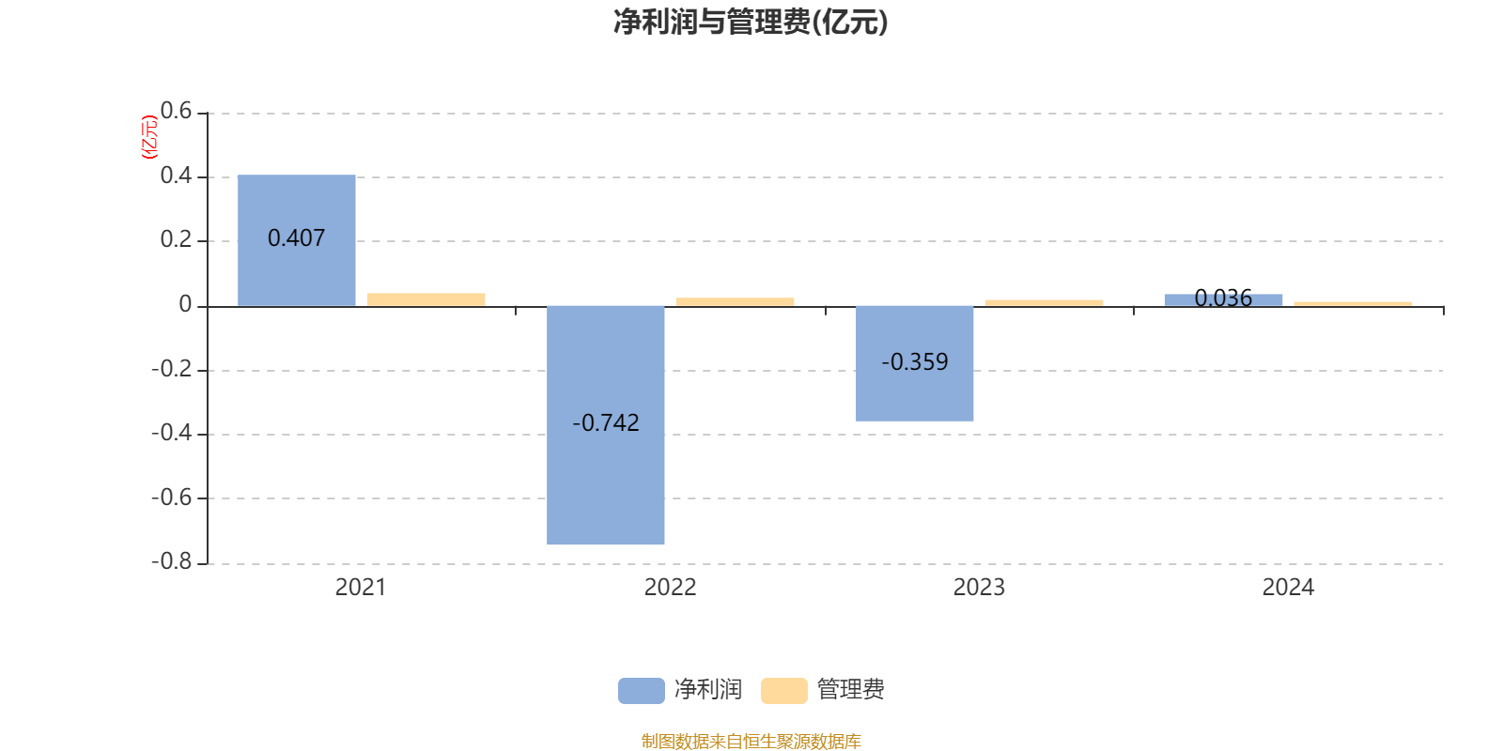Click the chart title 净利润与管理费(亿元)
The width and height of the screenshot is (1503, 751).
click(x=751, y=22)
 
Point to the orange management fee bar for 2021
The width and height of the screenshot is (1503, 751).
click(x=426, y=299)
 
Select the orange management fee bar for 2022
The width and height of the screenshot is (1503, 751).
click(x=735, y=301)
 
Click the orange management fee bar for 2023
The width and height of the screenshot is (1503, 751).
click(x=1044, y=302)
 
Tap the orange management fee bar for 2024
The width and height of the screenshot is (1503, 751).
click(x=1353, y=303)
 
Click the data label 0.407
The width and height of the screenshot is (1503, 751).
click(x=297, y=238)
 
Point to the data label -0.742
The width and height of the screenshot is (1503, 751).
click(x=606, y=423)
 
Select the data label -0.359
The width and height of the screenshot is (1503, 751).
click(x=915, y=361)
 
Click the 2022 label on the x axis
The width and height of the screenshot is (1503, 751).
click(x=670, y=588)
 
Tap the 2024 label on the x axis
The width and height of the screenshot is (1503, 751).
click(x=1288, y=588)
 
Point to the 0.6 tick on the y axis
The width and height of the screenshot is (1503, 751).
click(x=176, y=112)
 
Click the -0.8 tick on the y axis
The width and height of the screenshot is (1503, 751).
click(x=171, y=561)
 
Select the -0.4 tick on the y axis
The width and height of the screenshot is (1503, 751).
click(x=171, y=433)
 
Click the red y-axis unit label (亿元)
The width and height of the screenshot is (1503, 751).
click(x=148, y=137)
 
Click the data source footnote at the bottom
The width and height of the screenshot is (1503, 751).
click(x=751, y=742)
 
